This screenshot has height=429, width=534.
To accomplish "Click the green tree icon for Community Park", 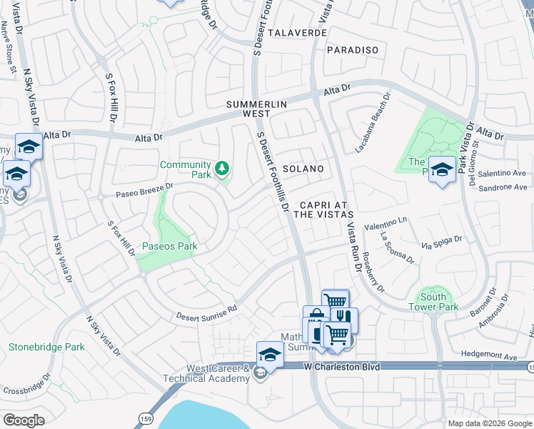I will pos(223,169).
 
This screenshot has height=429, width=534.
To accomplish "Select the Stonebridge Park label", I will pos(46,347).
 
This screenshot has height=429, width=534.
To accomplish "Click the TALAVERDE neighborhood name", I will pos(298,33).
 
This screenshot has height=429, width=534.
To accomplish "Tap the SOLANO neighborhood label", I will pos(303,169).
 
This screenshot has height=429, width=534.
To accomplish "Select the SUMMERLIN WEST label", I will pos(258,109).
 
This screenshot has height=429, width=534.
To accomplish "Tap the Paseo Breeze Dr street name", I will pos(135,189).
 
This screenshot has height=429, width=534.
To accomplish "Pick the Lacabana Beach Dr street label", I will pos(373,123).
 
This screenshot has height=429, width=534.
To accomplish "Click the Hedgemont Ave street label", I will pos(489,356).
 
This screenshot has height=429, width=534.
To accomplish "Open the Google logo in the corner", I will pos(24,420).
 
